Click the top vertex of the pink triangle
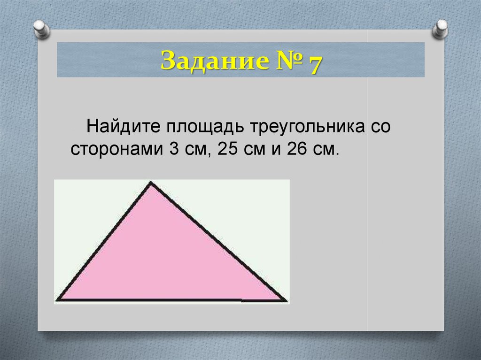[x=150, y=183]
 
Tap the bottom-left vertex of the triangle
[x=58, y=299]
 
